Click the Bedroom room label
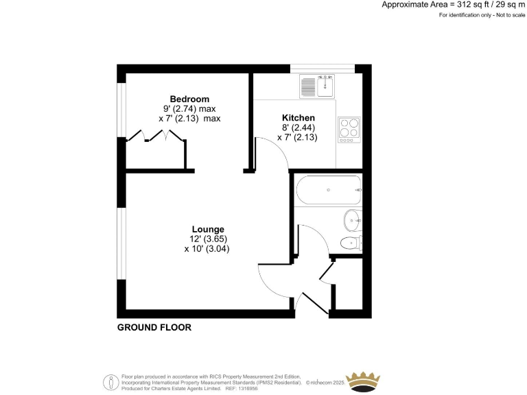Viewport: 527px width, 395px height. point(189,99)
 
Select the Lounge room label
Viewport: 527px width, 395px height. point(207,229)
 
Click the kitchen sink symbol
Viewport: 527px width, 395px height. point(316,87)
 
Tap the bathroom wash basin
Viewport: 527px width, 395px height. point(351,219)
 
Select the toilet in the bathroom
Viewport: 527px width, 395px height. point(352,243)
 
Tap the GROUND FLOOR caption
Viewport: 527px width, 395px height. point(154,328)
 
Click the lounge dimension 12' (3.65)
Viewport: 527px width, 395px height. point(207,239)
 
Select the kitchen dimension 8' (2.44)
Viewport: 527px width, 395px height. point(298,128)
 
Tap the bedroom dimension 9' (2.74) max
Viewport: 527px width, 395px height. point(189,108)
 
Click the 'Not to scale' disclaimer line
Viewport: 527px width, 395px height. point(482,15)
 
